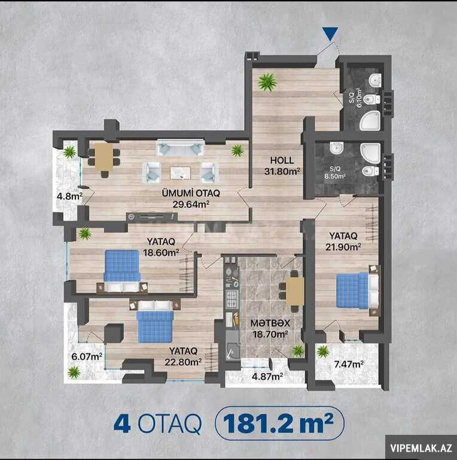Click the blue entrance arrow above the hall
330,34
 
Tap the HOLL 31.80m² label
282,166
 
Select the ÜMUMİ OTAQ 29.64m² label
191,199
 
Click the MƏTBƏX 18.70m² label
270,328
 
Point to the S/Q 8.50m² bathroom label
335,172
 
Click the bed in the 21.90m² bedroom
358,290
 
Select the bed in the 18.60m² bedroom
122,271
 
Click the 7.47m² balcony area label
349,364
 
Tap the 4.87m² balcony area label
267,376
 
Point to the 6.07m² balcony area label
87,356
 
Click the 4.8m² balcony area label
69,196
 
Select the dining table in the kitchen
295,291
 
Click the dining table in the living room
104,158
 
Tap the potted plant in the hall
267,82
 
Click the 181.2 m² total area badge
279,423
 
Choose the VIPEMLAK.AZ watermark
421,448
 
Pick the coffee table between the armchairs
181,172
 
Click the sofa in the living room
180,147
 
